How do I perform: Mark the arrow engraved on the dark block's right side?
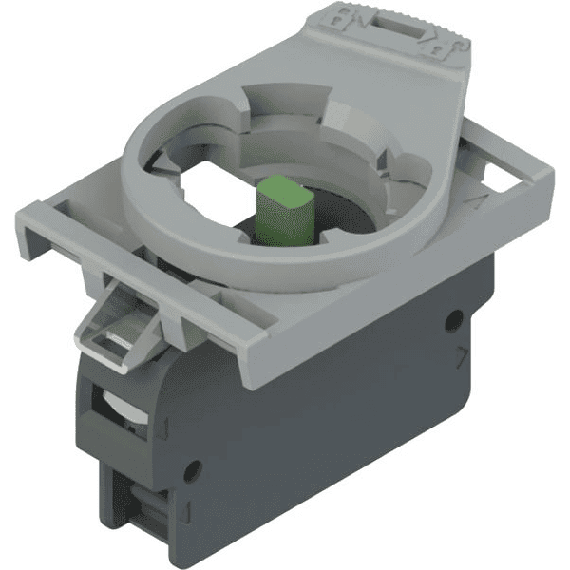pyautogui.click(x=463, y=357)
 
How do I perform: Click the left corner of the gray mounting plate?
pyautogui.click(x=19, y=214)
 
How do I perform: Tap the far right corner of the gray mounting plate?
pyautogui.click(x=550, y=180)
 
